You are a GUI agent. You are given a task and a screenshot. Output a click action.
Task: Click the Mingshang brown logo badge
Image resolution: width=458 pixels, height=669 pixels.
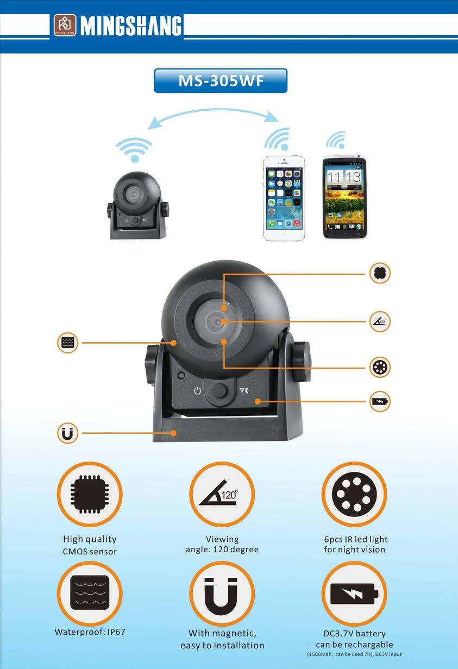pos(65,25)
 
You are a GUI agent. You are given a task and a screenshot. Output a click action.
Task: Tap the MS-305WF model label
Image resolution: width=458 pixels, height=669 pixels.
pos(221,80)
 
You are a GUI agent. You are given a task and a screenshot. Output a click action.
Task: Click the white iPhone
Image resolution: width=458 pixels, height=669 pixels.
pos(284,198)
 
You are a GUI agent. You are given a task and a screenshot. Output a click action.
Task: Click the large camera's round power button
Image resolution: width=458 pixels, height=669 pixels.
pos(219,391)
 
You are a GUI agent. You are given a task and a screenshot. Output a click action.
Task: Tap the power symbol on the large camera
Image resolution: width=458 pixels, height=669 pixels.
pos(197,390)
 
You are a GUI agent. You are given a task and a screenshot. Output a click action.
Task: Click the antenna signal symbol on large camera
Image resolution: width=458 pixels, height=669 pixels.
pos(244,390)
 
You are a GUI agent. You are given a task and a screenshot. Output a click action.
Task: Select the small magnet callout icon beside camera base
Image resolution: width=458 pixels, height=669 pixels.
pos(67,433)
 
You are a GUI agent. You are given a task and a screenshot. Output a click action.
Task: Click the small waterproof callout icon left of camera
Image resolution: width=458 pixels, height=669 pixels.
pos(67,343)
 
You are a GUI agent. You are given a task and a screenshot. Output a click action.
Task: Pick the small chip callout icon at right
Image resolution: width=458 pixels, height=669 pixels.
pos(380,273)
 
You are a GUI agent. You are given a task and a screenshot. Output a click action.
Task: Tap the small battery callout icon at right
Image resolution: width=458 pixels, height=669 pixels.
pos(380,401)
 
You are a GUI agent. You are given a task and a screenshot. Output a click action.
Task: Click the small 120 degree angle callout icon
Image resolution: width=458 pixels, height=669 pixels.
pos(380,321)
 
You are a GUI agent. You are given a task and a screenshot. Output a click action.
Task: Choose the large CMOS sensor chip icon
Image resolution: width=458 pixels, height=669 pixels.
pos(90,494)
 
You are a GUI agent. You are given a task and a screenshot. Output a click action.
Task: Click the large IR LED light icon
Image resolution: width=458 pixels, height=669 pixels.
pos(354,494)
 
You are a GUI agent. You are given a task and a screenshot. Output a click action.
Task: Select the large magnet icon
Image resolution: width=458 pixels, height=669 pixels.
pos(222,594)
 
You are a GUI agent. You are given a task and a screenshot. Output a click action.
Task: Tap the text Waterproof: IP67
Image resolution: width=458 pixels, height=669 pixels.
pos(90,632)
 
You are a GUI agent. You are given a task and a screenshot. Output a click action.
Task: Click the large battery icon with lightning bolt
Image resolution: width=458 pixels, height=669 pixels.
pos(354,594)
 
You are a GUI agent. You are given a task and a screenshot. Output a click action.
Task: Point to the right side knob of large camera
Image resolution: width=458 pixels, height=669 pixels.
pos(301,362)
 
